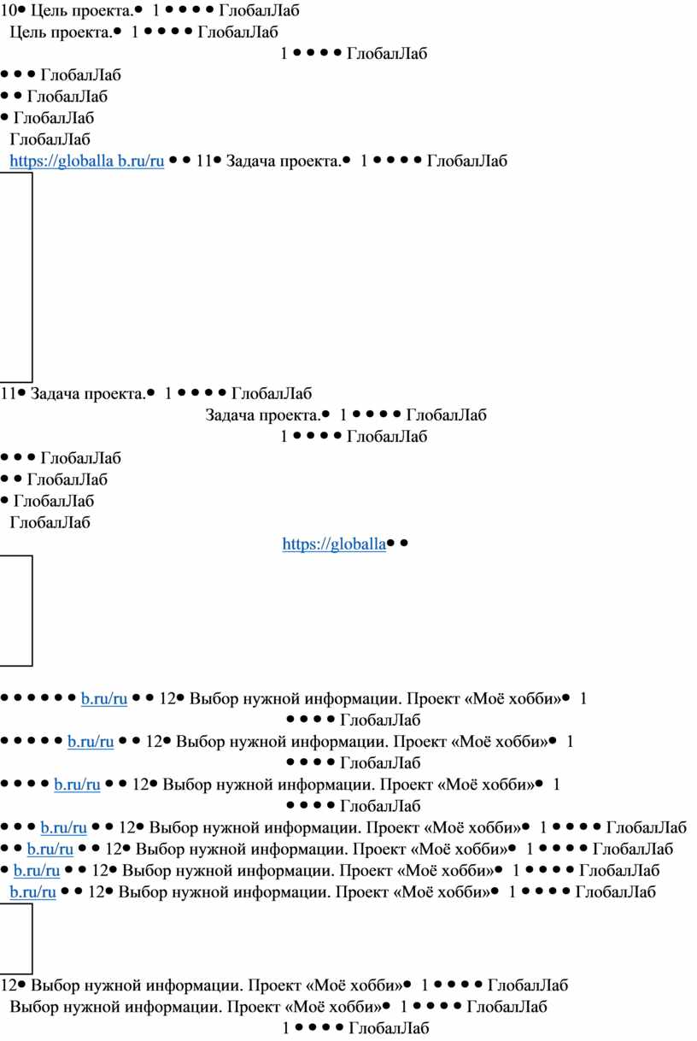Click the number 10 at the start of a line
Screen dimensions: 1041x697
[8, 11]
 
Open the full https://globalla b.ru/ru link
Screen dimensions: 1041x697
[86, 160]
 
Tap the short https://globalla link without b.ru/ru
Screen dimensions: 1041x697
[334, 543]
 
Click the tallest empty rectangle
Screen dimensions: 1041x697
[16, 277]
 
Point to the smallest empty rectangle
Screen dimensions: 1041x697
[16, 938]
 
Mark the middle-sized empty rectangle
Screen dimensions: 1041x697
[16, 610]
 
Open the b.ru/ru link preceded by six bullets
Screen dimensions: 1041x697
[104, 699]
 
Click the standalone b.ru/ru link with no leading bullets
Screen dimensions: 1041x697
[32, 892]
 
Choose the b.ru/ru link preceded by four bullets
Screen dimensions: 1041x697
[77, 785]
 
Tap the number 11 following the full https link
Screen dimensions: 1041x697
[203, 160]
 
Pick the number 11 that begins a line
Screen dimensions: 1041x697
[8, 394]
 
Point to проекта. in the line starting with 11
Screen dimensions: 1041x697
[115, 394]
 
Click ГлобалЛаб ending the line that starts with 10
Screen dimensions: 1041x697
[259, 11]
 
